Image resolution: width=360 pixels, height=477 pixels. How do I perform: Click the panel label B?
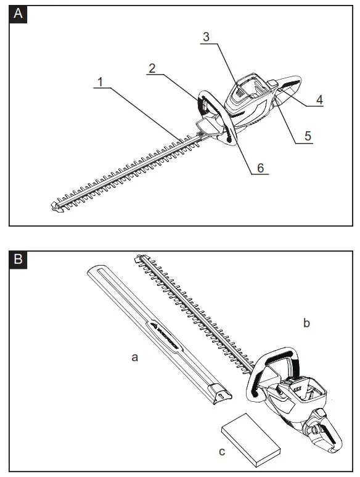pos(19,259)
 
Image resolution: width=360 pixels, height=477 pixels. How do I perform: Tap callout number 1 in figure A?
pos(100,81)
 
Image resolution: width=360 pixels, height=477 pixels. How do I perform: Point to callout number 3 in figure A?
pos(207,36)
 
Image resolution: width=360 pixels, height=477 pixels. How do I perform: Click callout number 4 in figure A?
pos(320,99)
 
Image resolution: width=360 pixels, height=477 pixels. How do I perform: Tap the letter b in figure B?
pos(306,322)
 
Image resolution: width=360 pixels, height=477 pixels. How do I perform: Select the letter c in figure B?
pos(223,452)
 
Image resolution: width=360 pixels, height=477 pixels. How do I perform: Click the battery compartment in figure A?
pos(250,92)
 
